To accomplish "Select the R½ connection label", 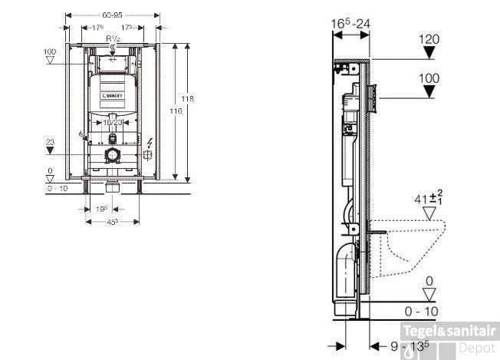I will click(x=113, y=38).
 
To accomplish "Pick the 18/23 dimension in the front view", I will click(x=113, y=121).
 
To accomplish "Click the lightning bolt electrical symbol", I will click(x=149, y=143).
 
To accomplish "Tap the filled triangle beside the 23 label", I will click(x=51, y=150).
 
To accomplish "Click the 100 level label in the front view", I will click(x=51, y=51).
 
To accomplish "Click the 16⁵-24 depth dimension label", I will click(x=350, y=24).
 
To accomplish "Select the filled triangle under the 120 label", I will click(x=429, y=52).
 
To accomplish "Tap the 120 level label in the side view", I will click(x=429, y=37).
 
